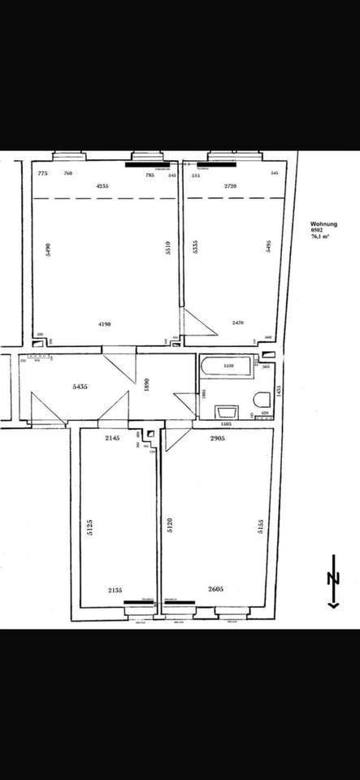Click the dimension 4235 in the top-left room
click(x=102, y=186)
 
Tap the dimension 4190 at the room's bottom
click(x=103, y=324)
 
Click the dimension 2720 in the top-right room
click(x=231, y=186)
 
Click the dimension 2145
click(x=112, y=439)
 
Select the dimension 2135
click(x=115, y=592)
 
